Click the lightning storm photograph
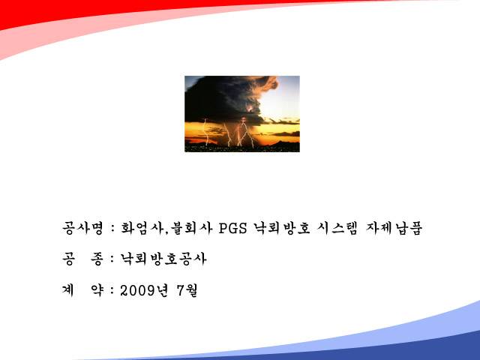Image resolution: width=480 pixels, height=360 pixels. [x=242, y=114]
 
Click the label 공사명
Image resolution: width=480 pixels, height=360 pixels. [x=83, y=228]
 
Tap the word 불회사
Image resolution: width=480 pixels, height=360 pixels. [x=192, y=228]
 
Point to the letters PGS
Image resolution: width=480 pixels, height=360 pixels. [x=233, y=228]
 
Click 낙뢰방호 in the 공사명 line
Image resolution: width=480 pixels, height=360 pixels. [x=282, y=228]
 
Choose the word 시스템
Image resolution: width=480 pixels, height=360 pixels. [x=337, y=228]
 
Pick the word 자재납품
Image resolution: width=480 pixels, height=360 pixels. [x=394, y=228]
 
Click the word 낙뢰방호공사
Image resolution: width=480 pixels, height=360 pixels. [x=163, y=259]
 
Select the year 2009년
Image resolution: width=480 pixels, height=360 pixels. [x=144, y=290]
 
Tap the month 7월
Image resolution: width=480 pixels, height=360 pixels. [x=187, y=290]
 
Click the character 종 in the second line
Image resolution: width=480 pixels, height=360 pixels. [x=97, y=259]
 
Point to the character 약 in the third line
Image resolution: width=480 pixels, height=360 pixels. [x=97, y=290]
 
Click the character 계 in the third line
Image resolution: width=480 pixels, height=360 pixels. [x=68, y=290]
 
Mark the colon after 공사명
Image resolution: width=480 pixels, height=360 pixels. [x=112, y=229]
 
